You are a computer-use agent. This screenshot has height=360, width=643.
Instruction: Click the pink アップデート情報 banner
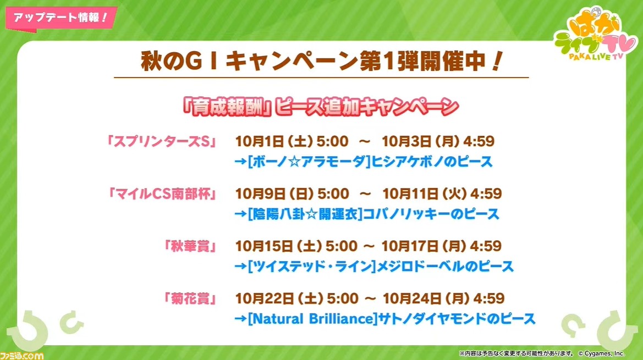click(x=61, y=18)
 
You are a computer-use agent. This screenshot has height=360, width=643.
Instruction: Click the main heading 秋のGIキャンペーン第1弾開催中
click(x=321, y=62)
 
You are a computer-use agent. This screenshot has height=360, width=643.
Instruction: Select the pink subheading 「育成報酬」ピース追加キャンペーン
click(x=321, y=107)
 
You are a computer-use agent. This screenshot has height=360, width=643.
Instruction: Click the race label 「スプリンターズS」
click(x=161, y=141)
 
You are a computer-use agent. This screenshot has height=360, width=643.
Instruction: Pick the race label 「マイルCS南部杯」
click(x=162, y=193)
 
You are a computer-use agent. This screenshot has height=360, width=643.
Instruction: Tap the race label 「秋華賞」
click(x=190, y=246)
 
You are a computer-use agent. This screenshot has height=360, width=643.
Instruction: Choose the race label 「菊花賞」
click(x=190, y=298)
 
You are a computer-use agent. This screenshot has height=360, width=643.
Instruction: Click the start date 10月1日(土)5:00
click(x=292, y=141)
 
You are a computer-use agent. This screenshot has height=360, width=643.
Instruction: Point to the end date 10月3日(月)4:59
click(x=438, y=141)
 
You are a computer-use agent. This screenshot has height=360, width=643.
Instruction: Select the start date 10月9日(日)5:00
click(x=292, y=193)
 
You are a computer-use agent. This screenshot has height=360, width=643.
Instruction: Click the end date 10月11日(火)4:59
click(x=442, y=193)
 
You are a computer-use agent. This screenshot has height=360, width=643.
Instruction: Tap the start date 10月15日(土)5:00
click(x=296, y=246)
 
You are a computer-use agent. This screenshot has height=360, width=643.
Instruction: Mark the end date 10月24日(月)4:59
click(x=443, y=298)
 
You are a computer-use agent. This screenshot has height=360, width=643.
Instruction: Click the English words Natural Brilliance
click(x=312, y=319)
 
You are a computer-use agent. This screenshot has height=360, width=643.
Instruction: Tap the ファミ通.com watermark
click(x=22, y=355)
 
